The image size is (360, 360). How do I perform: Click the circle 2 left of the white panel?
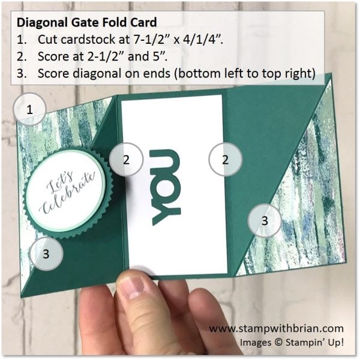click(x=125, y=160)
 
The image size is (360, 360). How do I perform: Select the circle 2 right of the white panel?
click(x=225, y=160)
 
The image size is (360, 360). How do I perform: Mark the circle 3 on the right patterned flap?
click(x=265, y=220)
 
